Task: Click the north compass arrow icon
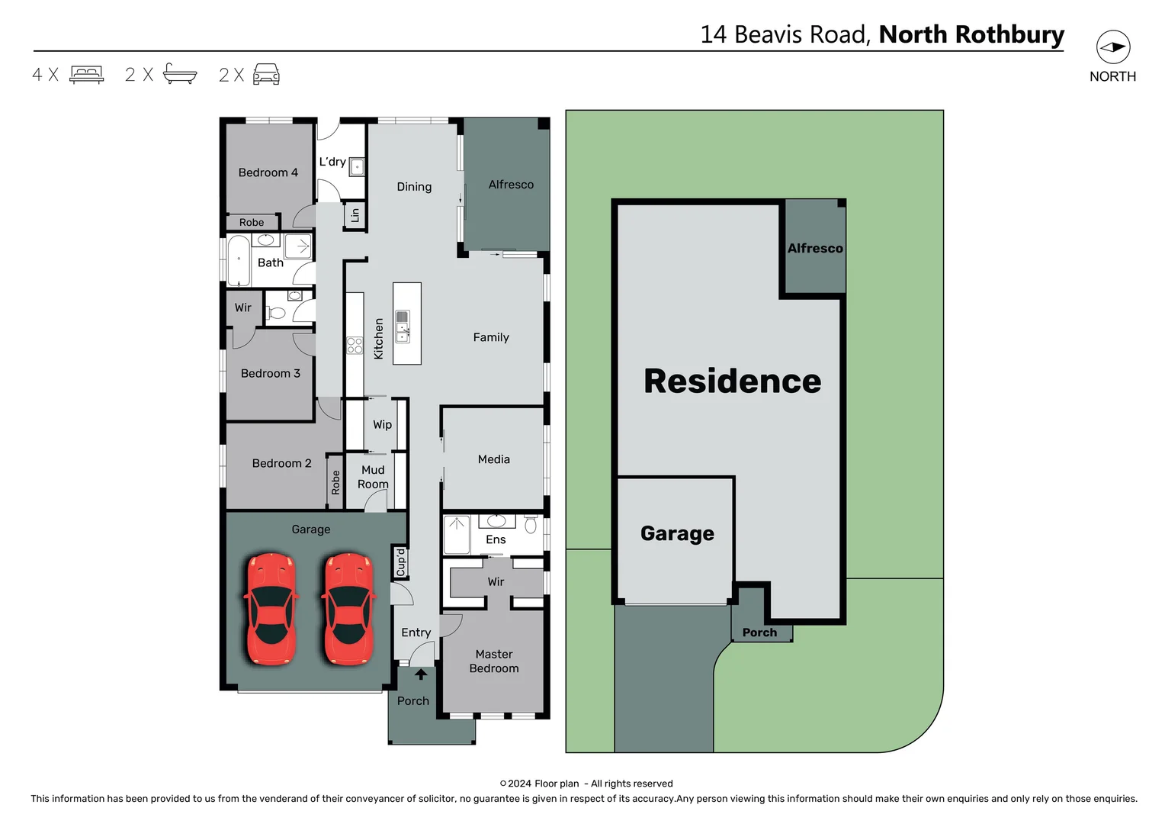(1112, 47)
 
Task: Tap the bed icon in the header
(86, 74)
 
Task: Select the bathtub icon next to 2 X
(180, 74)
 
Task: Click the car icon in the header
(266, 74)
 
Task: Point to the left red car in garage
(270, 608)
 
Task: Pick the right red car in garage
(348, 608)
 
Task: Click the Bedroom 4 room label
(268, 172)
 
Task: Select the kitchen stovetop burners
(355, 345)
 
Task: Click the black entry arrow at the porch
(420, 674)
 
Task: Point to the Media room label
(493, 459)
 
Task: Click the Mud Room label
(373, 477)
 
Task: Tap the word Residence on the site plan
(732, 381)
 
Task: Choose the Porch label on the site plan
(759, 632)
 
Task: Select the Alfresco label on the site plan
(815, 248)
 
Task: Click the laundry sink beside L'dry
(357, 166)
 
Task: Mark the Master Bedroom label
(493, 661)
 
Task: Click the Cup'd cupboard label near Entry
(401, 562)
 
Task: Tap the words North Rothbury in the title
(971, 34)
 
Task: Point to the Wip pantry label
(382, 424)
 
